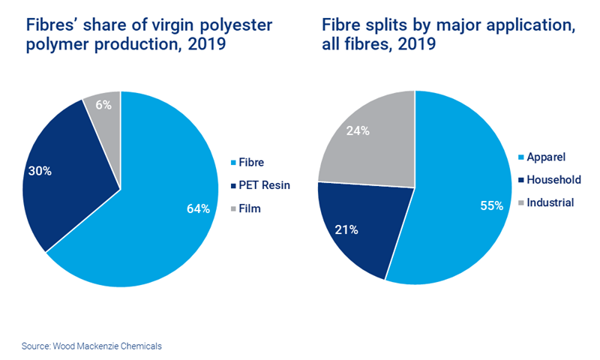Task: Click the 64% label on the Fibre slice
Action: pyautogui.click(x=198, y=208)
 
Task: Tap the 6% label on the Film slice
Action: pyautogui.click(x=103, y=106)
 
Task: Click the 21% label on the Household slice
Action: pyautogui.click(x=346, y=229)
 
